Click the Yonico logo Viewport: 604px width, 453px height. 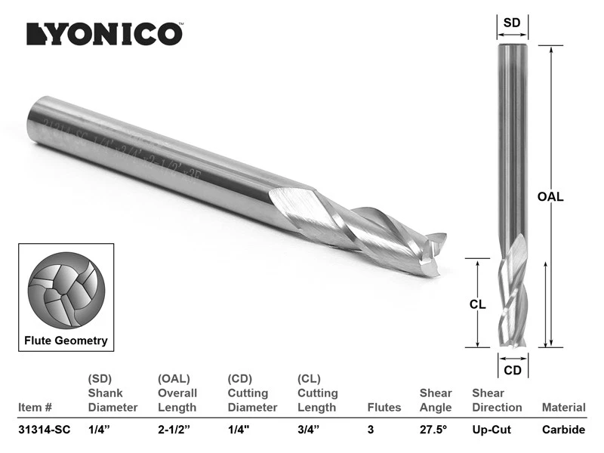[x=103, y=33]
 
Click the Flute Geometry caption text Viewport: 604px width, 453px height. [x=66, y=341]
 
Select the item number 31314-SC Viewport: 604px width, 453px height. [x=44, y=430]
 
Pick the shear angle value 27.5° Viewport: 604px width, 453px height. [x=434, y=430]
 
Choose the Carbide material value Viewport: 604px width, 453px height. [x=563, y=430]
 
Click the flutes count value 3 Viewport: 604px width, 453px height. [x=370, y=430]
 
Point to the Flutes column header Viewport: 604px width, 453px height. [x=384, y=408]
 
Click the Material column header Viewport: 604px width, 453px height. [x=563, y=408]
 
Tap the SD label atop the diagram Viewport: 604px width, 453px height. [x=512, y=23]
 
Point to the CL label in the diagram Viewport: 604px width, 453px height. [x=476, y=305]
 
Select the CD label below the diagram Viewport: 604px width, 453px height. [x=512, y=370]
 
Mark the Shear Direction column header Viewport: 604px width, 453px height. [x=497, y=400]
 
